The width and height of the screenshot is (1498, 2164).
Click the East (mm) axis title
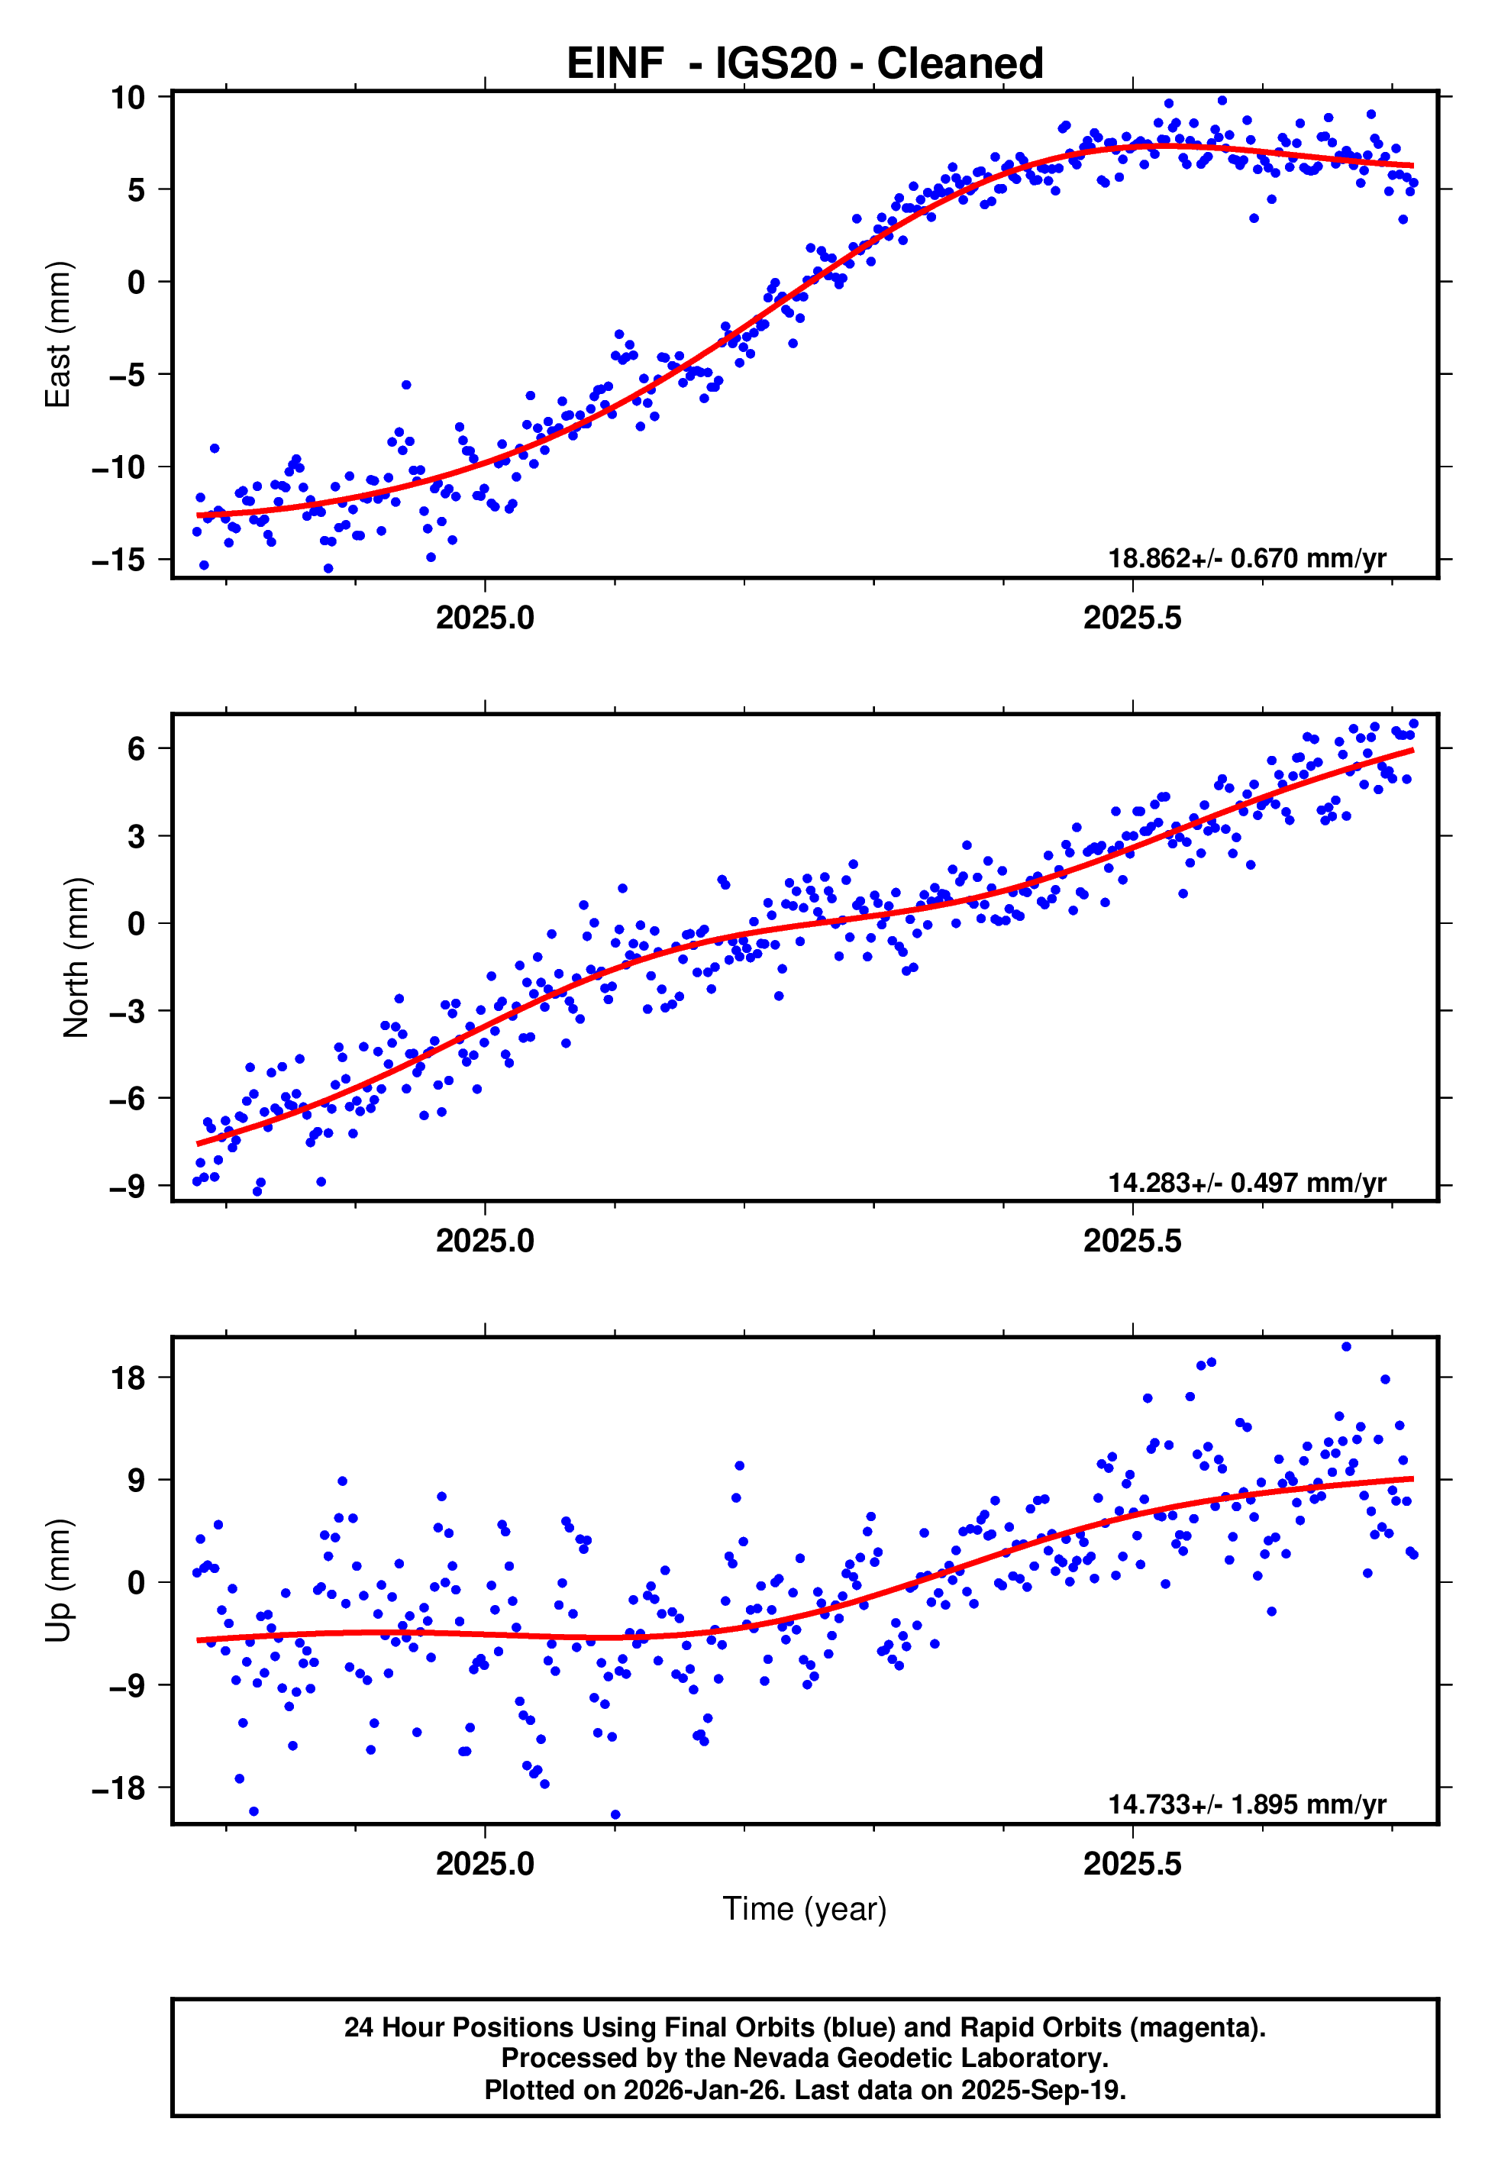coord(57,335)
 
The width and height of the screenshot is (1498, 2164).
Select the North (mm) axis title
coord(75,958)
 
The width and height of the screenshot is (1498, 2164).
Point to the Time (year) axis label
coord(805,1909)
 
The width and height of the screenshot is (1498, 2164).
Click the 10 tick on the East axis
coord(128,97)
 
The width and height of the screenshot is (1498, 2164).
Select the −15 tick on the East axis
coord(118,560)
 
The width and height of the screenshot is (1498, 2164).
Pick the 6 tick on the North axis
coord(136,749)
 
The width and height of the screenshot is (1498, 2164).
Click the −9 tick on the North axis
coord(128,1187)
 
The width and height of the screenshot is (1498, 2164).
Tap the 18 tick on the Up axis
coord(128,1378)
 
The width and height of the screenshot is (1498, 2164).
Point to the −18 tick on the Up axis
coord(118,1788)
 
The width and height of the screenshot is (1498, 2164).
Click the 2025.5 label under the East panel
coord(1132,619)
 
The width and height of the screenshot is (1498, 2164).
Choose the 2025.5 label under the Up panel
coord(1132,1864)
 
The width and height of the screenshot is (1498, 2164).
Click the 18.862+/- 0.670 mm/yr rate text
coord(1247,558)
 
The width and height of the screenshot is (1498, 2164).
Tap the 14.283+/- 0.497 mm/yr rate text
coord(1247,1182)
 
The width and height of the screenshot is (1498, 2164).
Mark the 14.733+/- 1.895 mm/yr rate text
coord(1247,1804)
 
